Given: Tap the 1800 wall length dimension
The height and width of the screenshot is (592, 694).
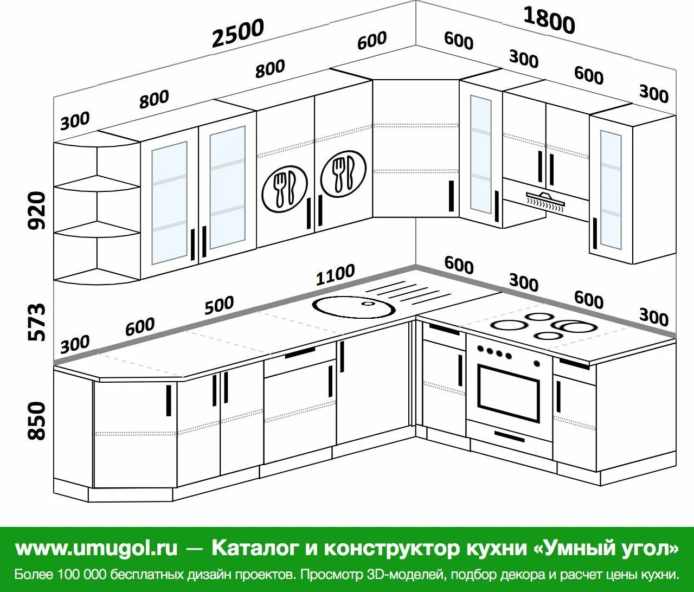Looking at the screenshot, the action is [x=549, y=21].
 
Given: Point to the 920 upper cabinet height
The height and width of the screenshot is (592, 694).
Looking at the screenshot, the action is [x=37, y=210].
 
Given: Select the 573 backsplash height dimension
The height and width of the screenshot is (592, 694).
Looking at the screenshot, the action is [x=37, y=322].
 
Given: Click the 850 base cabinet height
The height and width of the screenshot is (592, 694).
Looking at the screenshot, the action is [x=37, y=421].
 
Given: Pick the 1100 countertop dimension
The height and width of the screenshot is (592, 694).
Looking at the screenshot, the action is [x=336, y=275].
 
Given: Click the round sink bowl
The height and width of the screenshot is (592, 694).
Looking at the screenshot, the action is [x=354, y=307].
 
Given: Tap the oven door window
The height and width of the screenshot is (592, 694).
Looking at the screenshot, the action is [x=508, y=392].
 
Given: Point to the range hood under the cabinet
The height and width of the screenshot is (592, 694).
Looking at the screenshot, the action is [x=545, y=199].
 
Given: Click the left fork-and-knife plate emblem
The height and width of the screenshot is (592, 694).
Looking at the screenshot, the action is [x=285, y=187].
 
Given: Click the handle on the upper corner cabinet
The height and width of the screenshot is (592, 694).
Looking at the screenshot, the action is [x=451, y=196].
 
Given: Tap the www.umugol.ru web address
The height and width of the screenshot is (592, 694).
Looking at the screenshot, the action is [x=97, y=548].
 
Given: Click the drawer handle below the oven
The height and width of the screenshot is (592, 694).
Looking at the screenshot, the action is [x=509, y=436].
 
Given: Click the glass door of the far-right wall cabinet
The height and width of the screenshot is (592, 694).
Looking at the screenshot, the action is [x=611, y=189].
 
